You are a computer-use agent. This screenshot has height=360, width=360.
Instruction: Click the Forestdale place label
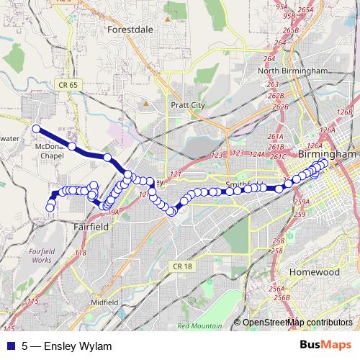pos(130,31)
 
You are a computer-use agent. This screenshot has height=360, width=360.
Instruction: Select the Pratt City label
pos(188,105)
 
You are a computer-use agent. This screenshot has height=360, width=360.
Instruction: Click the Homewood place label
pos(314,272)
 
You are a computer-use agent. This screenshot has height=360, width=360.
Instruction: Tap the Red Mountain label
pos(199,326)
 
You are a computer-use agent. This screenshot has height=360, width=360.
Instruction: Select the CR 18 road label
pos(184,266)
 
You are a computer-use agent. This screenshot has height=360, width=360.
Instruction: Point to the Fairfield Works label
pos(42,254)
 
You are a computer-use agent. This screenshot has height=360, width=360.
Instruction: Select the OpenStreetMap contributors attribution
pos(297,322)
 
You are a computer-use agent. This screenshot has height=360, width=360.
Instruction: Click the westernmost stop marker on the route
pos(35,128)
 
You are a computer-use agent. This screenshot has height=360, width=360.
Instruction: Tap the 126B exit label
pos(344,112)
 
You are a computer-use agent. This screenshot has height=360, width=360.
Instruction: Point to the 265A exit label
pos(305,10)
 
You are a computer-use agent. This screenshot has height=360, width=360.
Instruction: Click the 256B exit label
pos(281,297)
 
